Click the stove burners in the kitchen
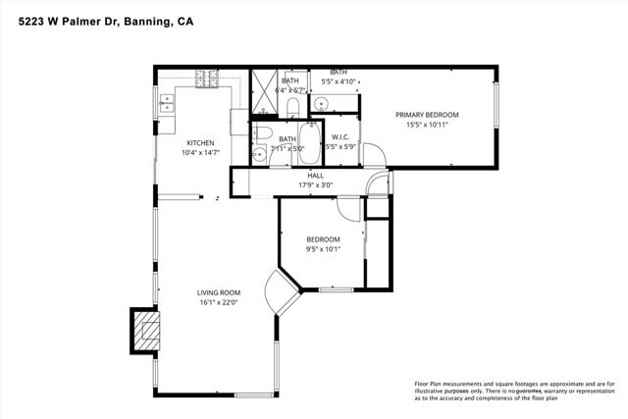[206, 79]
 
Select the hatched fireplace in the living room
[144, 330]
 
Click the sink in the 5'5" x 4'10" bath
[323, 101]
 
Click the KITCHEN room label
[200, 143]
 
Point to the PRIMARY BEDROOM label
[427, 115]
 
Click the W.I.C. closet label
[340, 136]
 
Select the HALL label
[315, 176]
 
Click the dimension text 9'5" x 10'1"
[323, 249]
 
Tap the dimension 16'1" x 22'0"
[218, 302]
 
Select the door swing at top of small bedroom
[348, 206]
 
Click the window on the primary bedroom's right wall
[497, 107]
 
